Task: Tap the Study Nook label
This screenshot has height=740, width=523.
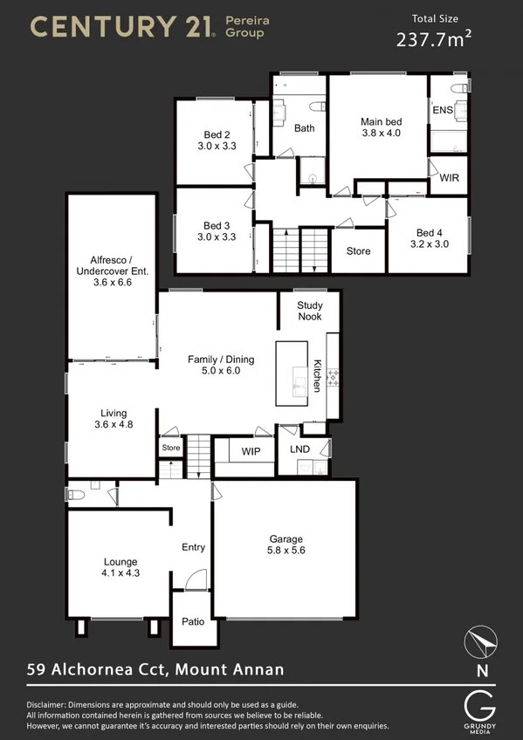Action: (x=310, y=312)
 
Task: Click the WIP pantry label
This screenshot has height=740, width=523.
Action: (x=251, y=451)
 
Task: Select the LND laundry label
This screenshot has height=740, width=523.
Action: (x=299, y=449)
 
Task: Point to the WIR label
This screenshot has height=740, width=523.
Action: (x=449, y=177)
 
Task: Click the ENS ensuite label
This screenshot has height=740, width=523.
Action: (x=442, y=110)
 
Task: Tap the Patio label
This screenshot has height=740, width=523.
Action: (x=193, y=622)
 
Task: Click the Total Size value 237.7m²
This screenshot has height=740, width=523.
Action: (x=433, y=38)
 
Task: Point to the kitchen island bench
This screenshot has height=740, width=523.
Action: (x=292, y=373)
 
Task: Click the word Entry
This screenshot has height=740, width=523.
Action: (x=193, y=547)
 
